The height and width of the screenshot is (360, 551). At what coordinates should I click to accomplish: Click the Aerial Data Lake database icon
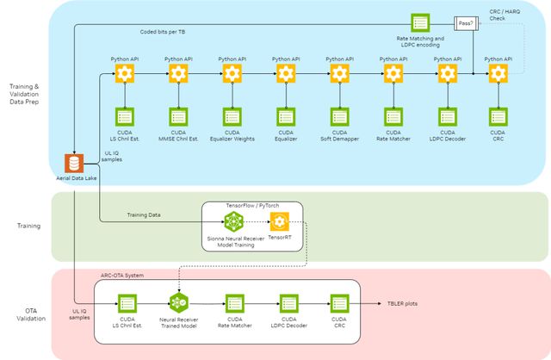point(75,163)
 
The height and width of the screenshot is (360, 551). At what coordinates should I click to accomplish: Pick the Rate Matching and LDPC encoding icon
point(420,22)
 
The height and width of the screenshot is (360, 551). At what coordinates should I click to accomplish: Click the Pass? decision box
point(466,23)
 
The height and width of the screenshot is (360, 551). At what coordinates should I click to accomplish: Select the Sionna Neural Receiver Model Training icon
point(231,222)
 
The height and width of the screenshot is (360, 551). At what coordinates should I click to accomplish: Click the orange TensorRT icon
point(279,222)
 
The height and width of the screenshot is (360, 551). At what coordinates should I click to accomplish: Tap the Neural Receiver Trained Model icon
point(178,303)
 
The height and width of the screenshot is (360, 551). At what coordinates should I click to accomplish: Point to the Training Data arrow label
point(144,214)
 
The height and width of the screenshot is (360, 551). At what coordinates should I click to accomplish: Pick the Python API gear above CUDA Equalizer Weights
point(232,75)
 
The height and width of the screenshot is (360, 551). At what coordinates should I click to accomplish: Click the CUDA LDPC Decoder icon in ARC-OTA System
point(289,303)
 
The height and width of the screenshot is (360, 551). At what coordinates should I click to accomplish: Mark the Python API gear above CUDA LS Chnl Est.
point(126,75)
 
